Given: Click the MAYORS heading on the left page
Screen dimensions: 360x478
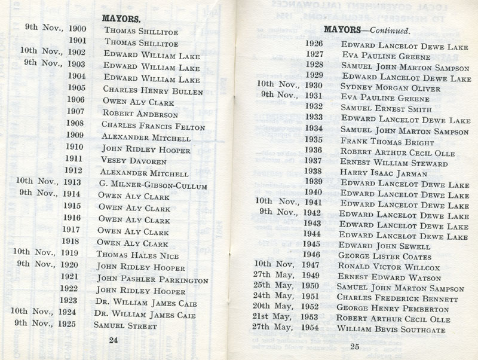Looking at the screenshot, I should coord(122,18).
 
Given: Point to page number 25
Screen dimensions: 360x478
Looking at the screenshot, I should coord(354,347).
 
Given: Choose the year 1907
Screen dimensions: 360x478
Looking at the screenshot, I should coord(76,112).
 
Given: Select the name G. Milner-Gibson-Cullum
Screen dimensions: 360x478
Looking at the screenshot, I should coord(152,185).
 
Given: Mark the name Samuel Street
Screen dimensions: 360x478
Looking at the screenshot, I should coord(125,327).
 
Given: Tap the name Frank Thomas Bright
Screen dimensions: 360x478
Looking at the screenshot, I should coord(387,142).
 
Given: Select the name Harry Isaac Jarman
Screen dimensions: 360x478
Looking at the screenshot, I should coord(385,173).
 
